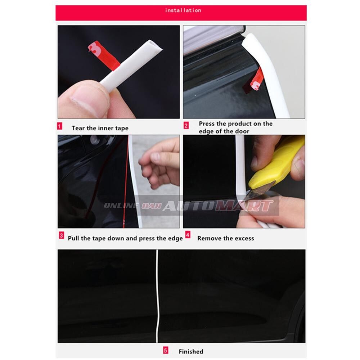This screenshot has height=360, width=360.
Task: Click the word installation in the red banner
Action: [x=183, y=10]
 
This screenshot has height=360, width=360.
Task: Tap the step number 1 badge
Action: [x=60, y=126]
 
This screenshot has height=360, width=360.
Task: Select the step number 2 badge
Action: [x=186, y=126]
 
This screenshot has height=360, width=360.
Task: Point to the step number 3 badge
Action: [x=62, y=235]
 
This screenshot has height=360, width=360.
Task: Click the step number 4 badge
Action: [x=188, y=235]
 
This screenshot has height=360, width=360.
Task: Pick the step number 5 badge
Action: [x=166, y=351]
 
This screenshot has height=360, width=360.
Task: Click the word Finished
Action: [x=191, y=351]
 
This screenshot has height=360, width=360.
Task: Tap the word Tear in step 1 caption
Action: [x=78, y=128]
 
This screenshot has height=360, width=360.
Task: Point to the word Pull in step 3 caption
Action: [x=73, y=238]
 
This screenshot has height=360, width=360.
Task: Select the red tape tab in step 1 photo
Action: [x=103, y=55]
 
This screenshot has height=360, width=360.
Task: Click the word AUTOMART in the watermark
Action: [x=218, y=206]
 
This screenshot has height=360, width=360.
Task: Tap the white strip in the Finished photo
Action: [x=157, y=296]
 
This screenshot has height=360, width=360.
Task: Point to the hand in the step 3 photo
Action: [x=160, y=163]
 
